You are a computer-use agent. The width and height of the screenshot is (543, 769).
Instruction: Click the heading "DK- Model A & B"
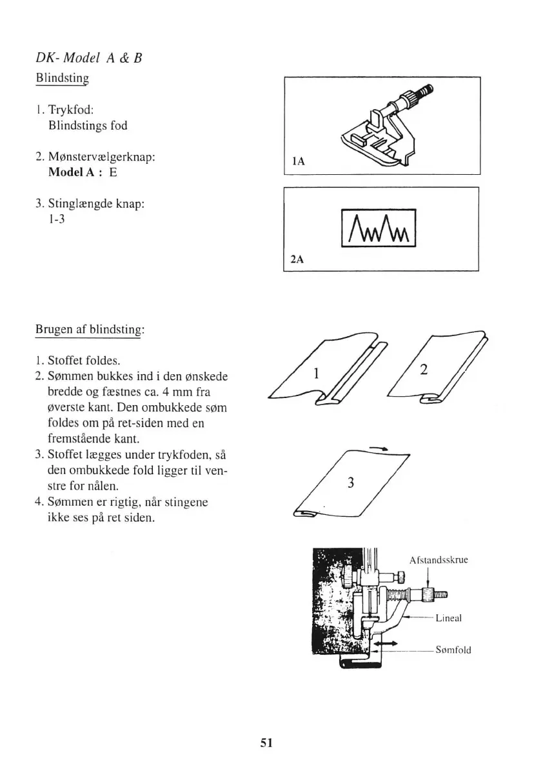(x=88, y=58)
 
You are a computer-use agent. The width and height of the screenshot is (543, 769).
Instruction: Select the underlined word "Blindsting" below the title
(x=61, y=80)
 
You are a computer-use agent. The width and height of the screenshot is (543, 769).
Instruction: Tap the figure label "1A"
(x=298, y=165)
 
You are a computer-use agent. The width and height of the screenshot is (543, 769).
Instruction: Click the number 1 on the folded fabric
(x=317, y=372)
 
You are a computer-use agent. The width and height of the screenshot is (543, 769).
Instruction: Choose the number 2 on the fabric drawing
(x=424, y=369)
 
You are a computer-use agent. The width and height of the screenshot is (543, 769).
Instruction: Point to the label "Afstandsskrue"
(x=439, y=560)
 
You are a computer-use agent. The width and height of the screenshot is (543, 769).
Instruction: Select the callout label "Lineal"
(x=449, y=617)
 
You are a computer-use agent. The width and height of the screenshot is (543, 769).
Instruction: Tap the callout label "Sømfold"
(x=453, y=650)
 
